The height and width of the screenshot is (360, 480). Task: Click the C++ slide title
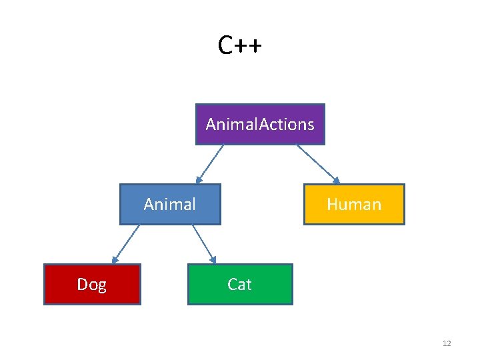(239, 45)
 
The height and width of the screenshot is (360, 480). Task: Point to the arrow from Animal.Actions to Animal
(211, 163)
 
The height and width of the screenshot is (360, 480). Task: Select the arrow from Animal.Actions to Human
(317, 163)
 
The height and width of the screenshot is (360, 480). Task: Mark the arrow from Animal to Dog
(126, 243)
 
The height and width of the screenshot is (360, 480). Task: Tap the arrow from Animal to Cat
(203, 243)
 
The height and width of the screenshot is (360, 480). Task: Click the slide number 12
(446, 343)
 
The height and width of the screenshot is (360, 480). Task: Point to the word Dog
(92, 285)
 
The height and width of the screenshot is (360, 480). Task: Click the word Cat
(239, 285)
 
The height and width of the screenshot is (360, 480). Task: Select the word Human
(354, 205)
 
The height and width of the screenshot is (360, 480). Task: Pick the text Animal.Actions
(260, 125)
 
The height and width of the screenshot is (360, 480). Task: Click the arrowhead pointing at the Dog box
(114, 260)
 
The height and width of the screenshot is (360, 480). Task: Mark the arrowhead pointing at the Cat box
(213, 260)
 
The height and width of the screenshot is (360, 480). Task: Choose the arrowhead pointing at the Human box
(337, 180)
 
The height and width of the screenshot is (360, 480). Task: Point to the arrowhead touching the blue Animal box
(199, 180)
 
